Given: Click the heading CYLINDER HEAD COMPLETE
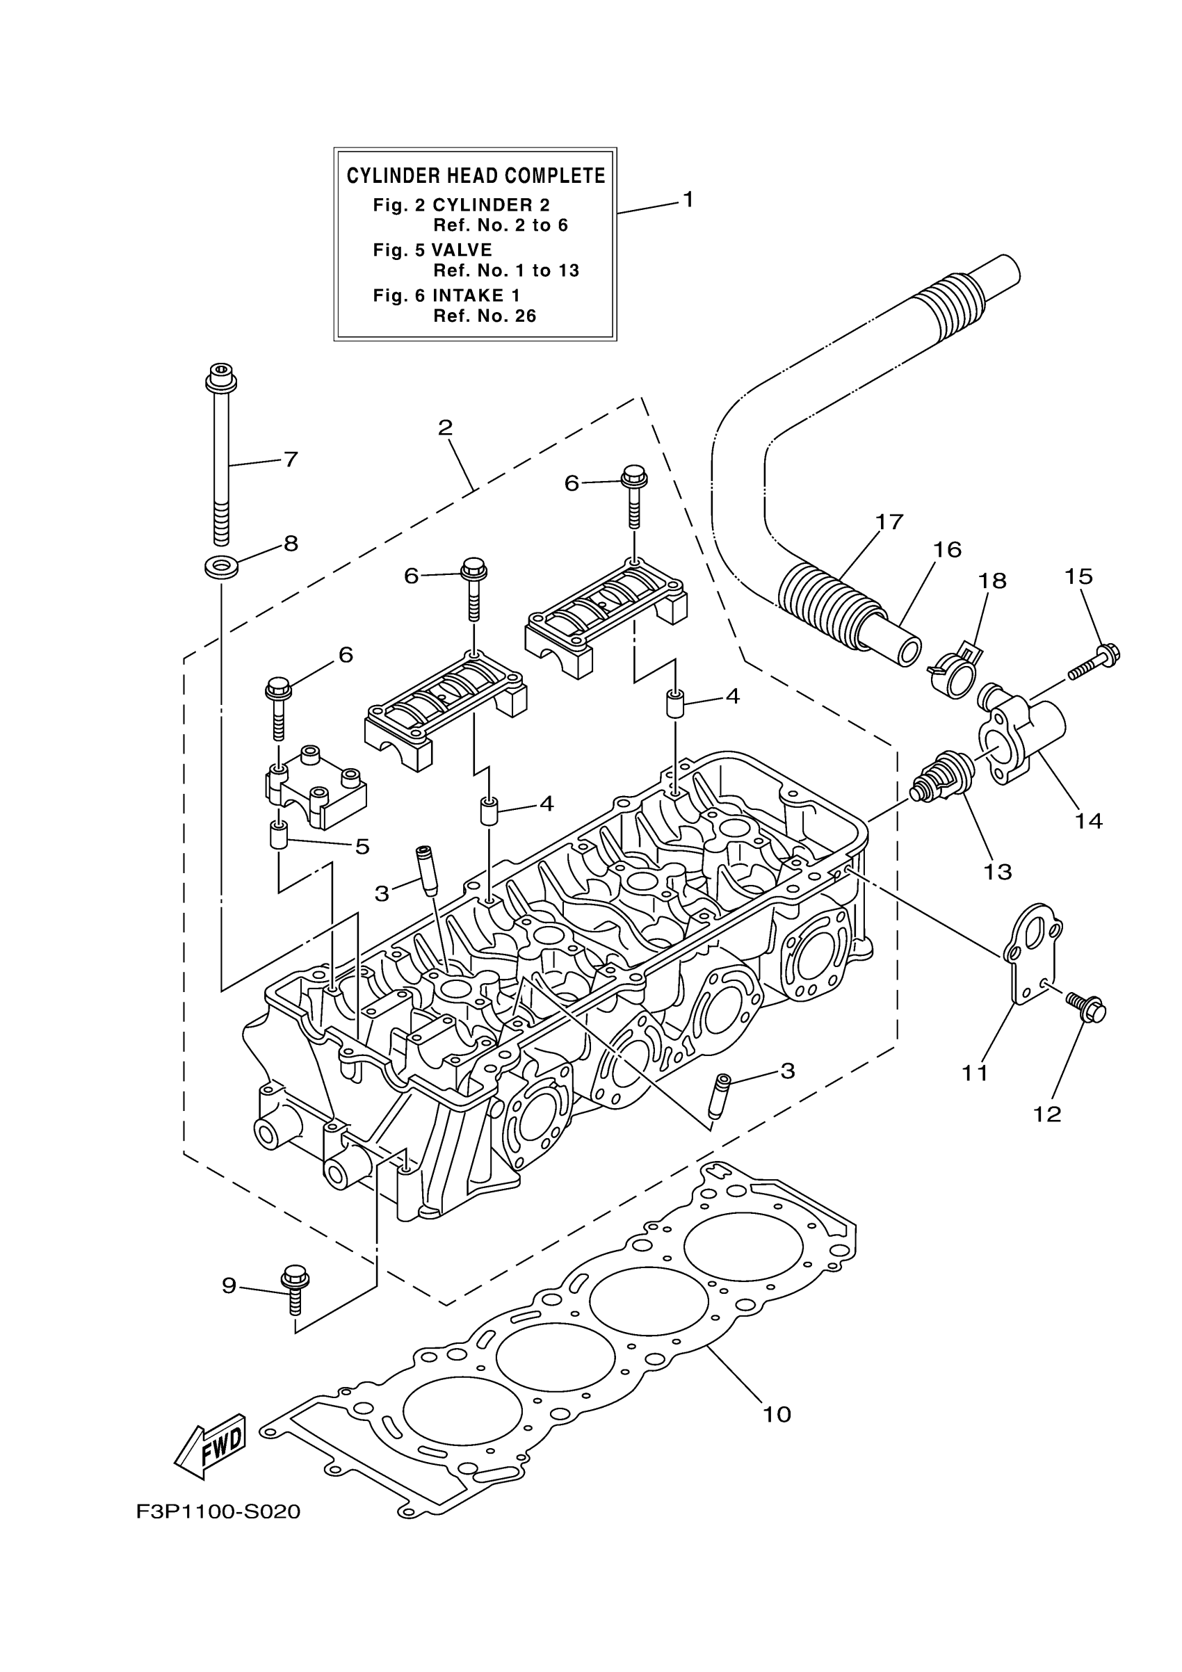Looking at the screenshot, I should (476, 176).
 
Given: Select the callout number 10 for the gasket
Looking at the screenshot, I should (777, 1415).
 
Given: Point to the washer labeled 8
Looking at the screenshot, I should (221, 567).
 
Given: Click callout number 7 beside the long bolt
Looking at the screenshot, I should (291, 460).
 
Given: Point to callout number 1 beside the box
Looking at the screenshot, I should (687, 199).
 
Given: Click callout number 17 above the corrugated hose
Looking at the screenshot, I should (889, 521).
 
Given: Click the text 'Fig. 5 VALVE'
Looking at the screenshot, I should (432, 250).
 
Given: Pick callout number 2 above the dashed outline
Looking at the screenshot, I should (445, 428).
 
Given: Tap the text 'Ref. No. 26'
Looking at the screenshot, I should (485, 316).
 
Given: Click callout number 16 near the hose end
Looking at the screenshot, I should (948, 549).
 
